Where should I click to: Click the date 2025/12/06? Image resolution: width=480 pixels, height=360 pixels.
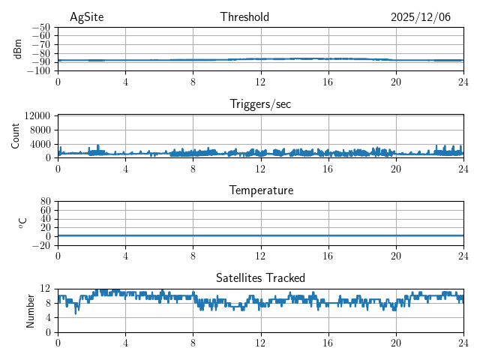421,17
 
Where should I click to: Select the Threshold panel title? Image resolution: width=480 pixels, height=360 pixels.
244,17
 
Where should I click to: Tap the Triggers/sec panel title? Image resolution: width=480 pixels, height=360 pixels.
260,104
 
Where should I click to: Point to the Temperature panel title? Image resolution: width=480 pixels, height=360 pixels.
260,190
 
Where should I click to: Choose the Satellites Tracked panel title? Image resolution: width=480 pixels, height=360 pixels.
260,278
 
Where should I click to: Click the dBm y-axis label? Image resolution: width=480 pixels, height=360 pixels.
18,49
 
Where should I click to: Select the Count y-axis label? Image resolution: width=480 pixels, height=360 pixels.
15,136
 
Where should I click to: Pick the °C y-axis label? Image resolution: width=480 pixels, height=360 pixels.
22,223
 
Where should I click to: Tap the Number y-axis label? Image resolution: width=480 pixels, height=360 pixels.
31,310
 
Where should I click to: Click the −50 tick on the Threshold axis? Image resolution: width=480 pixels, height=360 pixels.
40,27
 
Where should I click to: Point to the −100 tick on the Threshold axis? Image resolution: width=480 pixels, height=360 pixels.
38,71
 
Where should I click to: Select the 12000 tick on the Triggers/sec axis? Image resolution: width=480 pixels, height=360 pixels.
37,115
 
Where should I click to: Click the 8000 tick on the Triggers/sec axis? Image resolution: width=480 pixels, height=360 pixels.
40,130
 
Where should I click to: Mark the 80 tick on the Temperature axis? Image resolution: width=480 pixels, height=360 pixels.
46,202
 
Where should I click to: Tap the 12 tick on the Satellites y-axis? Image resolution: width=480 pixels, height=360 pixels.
46,289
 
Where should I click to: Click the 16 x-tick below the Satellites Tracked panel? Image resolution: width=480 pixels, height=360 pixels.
328,342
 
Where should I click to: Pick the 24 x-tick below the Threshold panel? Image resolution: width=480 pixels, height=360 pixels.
463,81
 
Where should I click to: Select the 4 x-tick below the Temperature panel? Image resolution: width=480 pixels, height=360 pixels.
125,255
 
